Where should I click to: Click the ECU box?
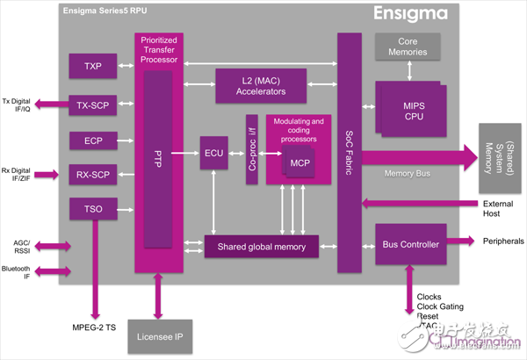213,152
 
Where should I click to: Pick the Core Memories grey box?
406,47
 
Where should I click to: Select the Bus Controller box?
407,243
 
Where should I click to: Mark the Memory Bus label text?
407,173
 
